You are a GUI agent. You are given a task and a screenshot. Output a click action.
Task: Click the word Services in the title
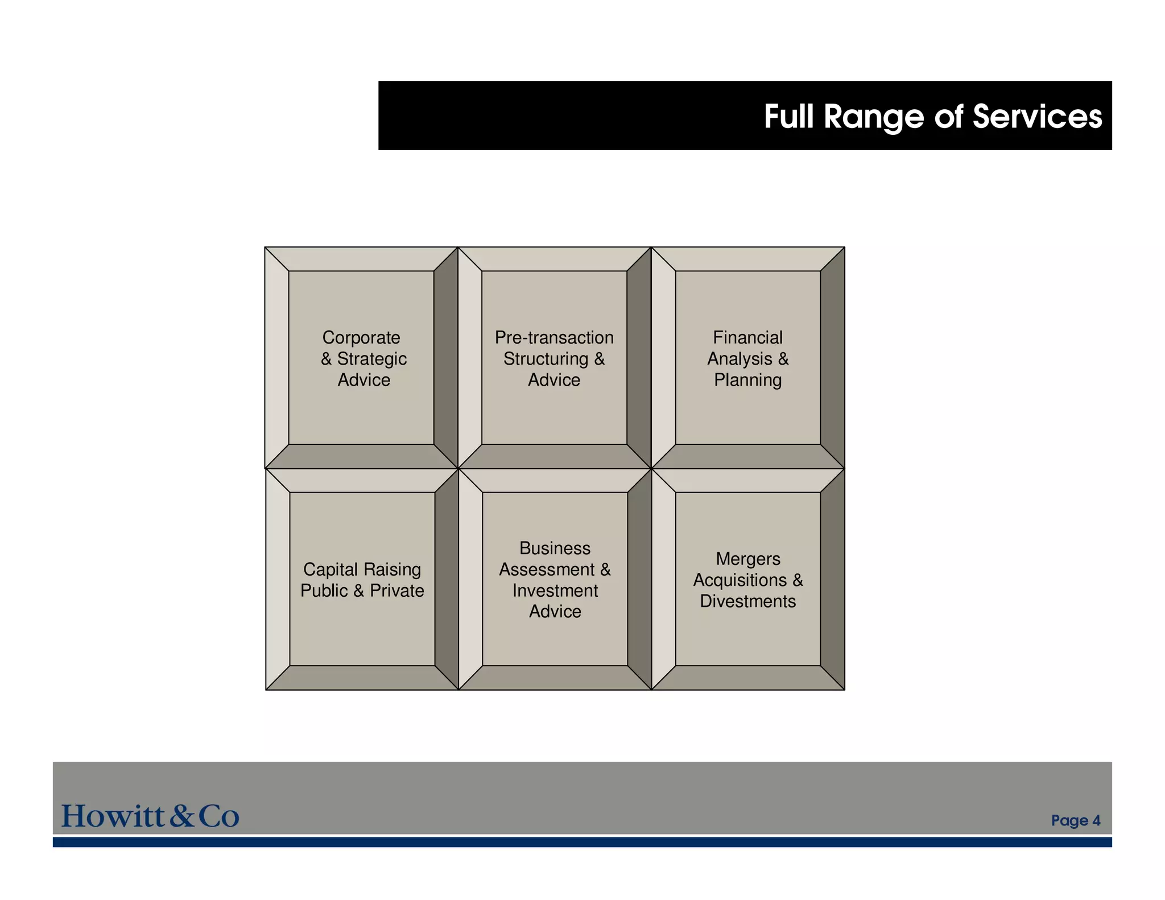click(1037, 117)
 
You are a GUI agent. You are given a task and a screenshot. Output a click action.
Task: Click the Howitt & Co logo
click(150, 816)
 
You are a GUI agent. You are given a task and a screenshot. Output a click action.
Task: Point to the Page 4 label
click(1075, 820)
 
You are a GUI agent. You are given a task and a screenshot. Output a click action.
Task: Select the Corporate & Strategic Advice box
click(361, 358)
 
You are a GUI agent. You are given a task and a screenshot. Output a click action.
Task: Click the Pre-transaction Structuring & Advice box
click(554, 358)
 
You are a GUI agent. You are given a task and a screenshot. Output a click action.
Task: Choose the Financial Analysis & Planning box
click(747, 358)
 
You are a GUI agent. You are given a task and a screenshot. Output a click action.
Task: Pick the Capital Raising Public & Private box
click(362, 579)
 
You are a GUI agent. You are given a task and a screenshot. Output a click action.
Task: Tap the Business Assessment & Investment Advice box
click(555, 579)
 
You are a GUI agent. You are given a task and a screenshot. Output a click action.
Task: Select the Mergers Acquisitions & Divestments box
click(747, 579)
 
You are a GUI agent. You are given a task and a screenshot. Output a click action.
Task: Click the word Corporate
click(361, 337)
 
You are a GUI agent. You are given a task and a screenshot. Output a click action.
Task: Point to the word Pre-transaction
click(554, 337)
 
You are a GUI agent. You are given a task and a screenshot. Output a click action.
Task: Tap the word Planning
click(747, 379)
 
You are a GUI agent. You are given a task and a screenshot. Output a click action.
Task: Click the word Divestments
click(747, 601)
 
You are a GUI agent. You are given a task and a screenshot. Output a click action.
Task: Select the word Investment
click(555, 591)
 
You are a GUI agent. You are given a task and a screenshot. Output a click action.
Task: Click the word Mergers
click(747, 559)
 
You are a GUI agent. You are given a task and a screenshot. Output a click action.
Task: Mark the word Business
click(555, 548)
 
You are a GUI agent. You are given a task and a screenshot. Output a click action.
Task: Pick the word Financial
click(747, 337)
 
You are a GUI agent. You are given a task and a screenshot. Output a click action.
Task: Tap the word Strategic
click(372, 358)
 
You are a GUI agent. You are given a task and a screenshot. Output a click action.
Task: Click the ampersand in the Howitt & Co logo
click(182, 816)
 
